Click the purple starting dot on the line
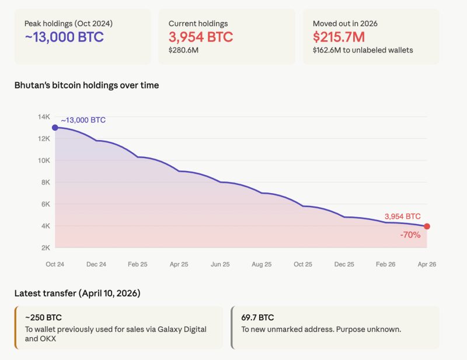(55, 127)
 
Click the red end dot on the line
(427, 226)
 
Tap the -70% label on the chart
(410, 235)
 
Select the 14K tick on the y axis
(44, 117)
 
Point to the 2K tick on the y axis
(45, 247)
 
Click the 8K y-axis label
(45, 182)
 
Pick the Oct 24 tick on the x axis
(55, 264)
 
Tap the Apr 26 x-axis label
(427, 264)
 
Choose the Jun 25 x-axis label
(220, 264)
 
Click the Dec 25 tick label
(344, 264)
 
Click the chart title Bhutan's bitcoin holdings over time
(86, 85)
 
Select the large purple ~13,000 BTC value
(64, 37)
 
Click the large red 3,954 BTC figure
(200, 37)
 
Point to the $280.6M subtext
(184, 50)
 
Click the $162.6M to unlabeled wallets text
(363, 50)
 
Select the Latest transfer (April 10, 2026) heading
(77, 293)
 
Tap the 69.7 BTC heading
(257, 318)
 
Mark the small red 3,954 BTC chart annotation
(402, 216)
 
